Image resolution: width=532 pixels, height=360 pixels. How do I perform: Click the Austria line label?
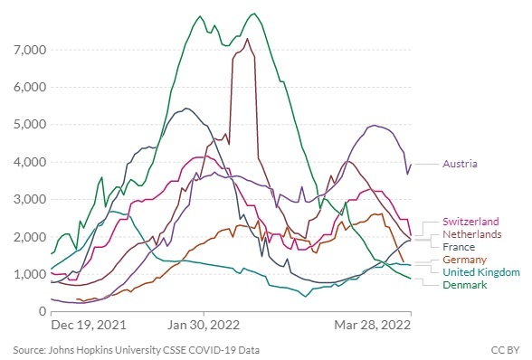[x=460, y=164]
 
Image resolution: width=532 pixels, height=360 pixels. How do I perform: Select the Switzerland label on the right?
[x=470, y=222]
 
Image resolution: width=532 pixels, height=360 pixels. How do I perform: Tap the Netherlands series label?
[x=472, y=234]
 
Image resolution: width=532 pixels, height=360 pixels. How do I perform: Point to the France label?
[x=459, y=247]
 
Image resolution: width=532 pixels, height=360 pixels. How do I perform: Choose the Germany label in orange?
[x=464, y=260]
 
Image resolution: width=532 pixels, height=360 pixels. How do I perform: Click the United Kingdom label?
[x=481, y=272]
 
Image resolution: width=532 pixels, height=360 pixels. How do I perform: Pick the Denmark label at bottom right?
[x=465, y=285]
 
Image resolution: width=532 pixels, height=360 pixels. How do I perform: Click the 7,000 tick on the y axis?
[x=30, y=51]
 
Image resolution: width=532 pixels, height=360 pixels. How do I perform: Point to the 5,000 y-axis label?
[x=30, y=125]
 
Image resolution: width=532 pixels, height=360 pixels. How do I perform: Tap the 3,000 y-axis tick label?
[x=30, y=199]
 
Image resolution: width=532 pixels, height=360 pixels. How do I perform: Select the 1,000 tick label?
[x=30, y=274]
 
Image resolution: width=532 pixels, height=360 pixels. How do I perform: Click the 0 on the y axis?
[x=43, y=311]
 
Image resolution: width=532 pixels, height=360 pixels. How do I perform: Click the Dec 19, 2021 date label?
[x=89, y=325]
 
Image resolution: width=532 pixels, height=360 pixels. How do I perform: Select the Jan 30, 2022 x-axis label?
[x=204, y=325]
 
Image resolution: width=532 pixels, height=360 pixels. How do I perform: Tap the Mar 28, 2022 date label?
[x=373, y=325]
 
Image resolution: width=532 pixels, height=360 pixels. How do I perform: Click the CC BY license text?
[x=505, y=350]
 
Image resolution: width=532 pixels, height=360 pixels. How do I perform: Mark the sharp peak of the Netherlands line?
[x=247, y=39]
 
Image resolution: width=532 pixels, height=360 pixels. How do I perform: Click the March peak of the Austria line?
[x=375, y=125]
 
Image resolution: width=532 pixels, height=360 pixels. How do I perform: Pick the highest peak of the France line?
[x=185, y=109]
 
